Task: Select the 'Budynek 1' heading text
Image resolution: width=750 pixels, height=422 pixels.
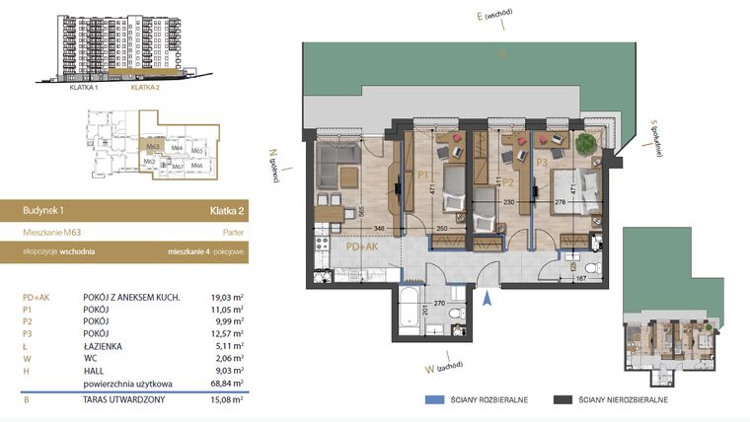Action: point(42,210)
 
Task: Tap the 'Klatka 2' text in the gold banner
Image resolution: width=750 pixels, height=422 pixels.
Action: point(227,210)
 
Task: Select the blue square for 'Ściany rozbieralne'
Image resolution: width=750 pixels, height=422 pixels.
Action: point(429,400)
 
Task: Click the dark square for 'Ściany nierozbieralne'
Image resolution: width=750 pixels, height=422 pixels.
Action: point(562,400)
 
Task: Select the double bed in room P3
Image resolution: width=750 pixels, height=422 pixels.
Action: point(575,188)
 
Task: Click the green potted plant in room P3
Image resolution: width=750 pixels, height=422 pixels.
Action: point(586,143)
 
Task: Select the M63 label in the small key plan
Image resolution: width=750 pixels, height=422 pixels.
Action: point(153,147)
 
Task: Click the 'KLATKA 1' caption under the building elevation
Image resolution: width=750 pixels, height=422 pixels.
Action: point(87,86)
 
